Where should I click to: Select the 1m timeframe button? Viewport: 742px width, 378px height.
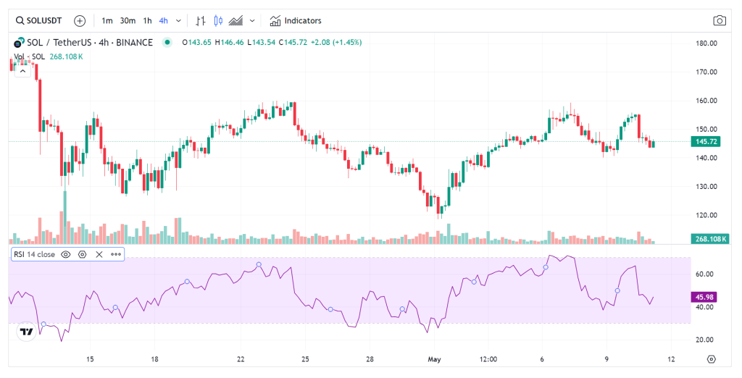[107, 20]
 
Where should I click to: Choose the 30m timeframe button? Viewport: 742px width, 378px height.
[128, 20]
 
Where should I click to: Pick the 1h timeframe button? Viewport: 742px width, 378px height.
[147, 20]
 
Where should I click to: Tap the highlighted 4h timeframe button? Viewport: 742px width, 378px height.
[164, 20]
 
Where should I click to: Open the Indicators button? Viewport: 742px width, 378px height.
[296, 20]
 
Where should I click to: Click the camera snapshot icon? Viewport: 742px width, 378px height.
[720, 20]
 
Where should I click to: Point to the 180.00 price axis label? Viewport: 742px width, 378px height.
[706, 43]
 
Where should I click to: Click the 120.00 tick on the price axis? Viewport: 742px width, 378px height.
[706, 215]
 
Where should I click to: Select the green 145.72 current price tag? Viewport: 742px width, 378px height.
[705, 141]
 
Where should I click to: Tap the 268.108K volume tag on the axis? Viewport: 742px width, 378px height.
[709, 239]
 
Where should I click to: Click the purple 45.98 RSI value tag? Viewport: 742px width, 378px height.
[705, 296]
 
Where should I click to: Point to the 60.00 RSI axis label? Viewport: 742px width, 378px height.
[705, 274]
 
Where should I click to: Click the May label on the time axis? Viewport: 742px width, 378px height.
[435, 359]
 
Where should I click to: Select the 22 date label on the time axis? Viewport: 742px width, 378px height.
[241, 359]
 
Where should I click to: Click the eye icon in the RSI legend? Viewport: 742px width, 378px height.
[66, 254]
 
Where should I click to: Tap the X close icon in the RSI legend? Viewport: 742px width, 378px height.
[99, 254]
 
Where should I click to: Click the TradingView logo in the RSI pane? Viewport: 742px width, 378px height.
[26, 332]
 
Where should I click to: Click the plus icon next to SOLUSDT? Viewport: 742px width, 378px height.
[80, 20]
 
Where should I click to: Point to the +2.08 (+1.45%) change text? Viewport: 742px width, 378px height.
[335, 42]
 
